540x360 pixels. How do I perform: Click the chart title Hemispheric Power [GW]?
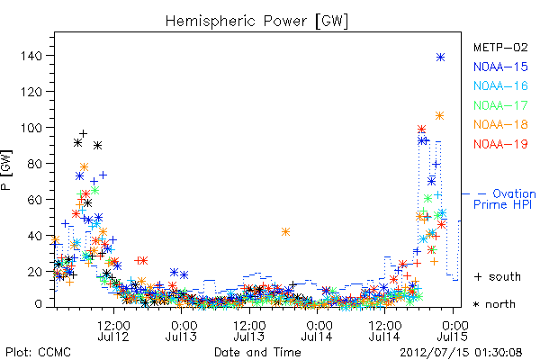(256, 22)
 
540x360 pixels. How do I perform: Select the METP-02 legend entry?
(500, 47)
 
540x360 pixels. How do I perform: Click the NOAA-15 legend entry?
(500, 67)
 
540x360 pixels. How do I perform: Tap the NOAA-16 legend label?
(500, 85)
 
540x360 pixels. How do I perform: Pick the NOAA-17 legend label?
(500, 105)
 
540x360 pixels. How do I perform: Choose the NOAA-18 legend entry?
(500, 124)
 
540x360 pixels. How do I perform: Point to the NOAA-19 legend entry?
(500, 144)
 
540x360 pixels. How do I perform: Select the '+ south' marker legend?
(497, 276)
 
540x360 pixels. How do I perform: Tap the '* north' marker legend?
(494, 304)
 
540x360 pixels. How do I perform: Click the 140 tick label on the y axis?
(31, 56)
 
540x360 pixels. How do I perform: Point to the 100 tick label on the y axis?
(31, 128)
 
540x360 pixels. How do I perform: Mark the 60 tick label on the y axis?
(35, 200)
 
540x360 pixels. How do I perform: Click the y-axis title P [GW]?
(7, 170)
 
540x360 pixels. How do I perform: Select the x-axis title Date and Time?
(257, 352)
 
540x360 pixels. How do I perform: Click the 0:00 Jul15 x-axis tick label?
(453, 330)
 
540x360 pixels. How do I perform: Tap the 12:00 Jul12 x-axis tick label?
(113, 330)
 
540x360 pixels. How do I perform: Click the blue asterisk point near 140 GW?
(440, 58)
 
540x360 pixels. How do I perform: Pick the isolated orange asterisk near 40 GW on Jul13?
(285, 232)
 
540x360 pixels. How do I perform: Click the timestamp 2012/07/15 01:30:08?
(461, 352)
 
